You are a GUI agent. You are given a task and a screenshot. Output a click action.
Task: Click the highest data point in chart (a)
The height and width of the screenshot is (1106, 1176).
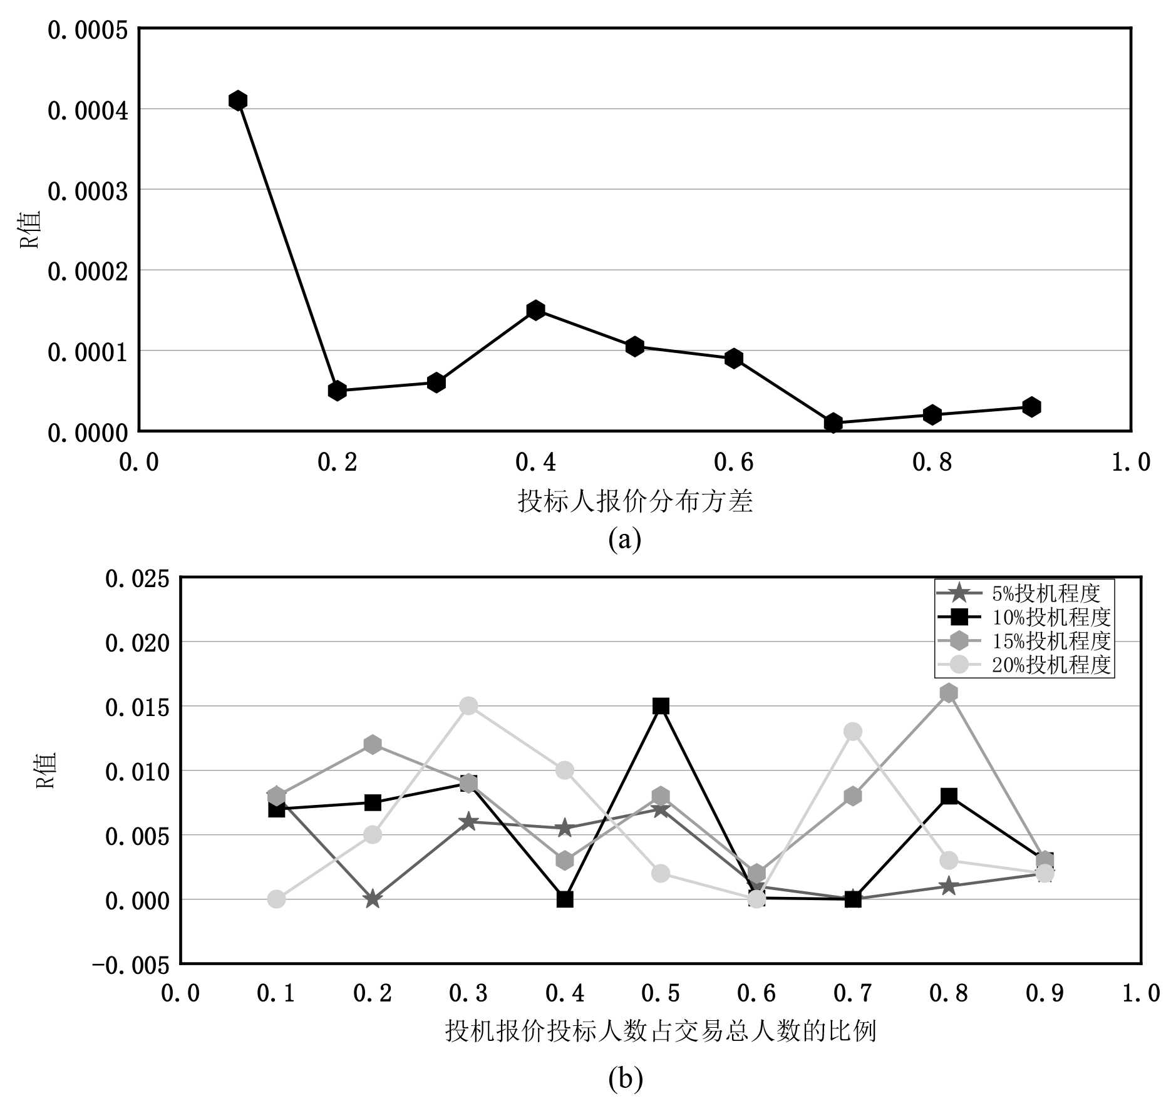pos(237,100)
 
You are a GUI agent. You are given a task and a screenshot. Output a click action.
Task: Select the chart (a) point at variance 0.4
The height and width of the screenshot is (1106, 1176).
pos(535,310)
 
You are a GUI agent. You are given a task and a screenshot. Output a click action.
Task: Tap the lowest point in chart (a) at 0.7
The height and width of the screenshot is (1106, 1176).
pos(833,422)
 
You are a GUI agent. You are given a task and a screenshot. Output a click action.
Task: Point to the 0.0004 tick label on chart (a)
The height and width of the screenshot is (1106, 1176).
pos(88,110)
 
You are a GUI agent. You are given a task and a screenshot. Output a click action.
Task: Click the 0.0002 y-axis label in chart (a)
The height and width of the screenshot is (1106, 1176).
pos(88,271)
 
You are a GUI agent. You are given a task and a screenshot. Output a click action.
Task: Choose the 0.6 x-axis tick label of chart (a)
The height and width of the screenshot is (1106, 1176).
pos(733,462)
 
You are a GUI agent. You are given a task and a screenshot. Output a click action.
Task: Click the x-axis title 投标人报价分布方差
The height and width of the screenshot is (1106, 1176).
pos(635,501)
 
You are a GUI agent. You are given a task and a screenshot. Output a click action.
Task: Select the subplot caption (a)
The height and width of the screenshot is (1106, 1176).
pos(624,539)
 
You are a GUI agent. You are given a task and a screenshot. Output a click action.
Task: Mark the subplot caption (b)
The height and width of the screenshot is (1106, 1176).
pos(625,1078)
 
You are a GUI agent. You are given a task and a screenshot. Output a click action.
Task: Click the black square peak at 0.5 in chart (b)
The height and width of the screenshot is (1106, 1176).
pos(661,706)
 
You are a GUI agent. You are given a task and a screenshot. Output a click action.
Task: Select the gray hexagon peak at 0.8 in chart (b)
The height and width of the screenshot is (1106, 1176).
pos(949,693)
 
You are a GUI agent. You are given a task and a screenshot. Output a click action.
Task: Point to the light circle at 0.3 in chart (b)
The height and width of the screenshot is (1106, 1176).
pos(468,706)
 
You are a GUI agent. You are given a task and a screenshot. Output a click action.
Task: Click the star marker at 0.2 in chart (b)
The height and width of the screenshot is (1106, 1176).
pos(373,899)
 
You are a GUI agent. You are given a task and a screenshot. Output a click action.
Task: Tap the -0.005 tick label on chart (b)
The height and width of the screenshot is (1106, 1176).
pos(130,965)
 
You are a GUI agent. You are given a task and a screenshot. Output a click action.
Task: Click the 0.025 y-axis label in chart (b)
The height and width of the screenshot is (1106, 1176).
pos(137,579)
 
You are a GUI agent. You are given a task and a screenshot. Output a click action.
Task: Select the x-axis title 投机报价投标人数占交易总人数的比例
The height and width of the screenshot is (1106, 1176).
pos(660,1030)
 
